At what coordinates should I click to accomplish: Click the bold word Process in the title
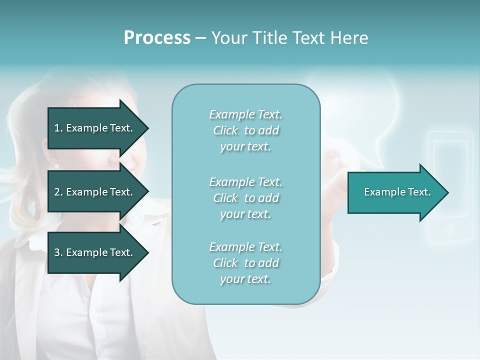pos(157,38)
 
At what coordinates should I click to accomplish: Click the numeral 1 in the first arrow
pos(57,128)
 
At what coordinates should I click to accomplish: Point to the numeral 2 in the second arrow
pos(57,192)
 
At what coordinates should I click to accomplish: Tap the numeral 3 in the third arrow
pos(57,252)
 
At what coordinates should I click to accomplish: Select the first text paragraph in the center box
pos(245,130)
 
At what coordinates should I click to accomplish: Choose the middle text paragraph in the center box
pos(245,198)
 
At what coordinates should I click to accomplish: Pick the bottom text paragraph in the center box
pos(245,263)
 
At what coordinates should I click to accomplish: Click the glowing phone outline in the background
pos(450,150)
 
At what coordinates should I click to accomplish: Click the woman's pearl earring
pos(56,166)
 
